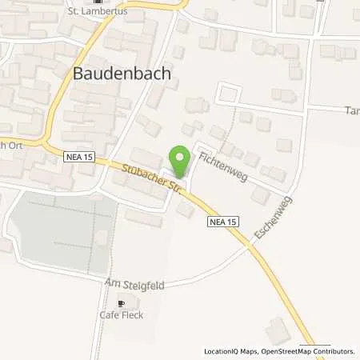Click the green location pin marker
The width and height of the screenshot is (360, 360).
click(180, 160)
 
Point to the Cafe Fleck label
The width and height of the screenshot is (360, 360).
click(121, 315)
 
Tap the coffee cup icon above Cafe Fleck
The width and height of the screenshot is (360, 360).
click(121, 303)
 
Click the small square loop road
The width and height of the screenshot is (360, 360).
click(228, 93)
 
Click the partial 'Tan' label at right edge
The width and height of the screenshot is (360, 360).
click(352, 110)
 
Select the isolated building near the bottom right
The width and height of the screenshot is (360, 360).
click(277, 330)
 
